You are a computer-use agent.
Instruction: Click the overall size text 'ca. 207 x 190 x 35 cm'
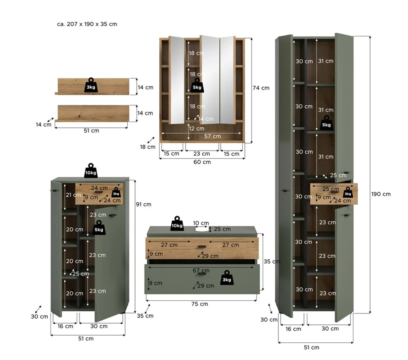(x=87, y=24)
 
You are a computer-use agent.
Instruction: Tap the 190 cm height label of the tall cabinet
(x=381, y=194)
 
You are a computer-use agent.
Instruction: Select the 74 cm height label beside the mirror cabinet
(x=261, y=88)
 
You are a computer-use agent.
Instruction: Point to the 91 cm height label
(x=143, y=204)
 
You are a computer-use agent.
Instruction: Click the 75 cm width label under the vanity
(x=200, y=304)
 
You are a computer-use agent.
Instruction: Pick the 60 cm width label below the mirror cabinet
(x=202, y=162)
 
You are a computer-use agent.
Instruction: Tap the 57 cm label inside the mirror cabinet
(x=212, y=136)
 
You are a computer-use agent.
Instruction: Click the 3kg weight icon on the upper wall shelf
(x=91, y=85)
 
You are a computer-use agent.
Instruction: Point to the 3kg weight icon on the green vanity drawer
(x=227, y=278)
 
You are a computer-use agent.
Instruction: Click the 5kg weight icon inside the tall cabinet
(x=326, y=123)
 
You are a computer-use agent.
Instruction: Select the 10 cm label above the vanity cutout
(x=201, y=223)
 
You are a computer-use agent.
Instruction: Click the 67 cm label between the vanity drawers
(x=201, y=271)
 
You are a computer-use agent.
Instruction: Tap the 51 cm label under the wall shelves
(x=91, y=131)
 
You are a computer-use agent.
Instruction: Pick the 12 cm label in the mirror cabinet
(x=196, y=129)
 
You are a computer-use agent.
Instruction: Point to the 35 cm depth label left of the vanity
(x=145, y=316)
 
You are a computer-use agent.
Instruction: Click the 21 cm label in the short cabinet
(x=73, y=195)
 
